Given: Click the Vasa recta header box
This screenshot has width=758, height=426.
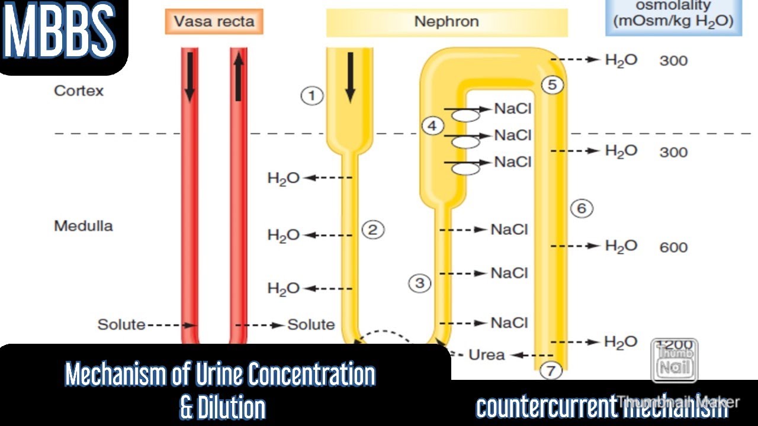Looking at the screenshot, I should point(214,22).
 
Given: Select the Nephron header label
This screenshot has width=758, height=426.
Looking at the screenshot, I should point(447,22).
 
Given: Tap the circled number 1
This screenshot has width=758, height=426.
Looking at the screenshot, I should point(311,96).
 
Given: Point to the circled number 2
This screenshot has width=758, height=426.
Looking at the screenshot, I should point(372,230).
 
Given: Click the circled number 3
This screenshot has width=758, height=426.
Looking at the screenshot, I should point(419,283).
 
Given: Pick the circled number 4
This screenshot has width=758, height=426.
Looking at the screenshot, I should point(433,126).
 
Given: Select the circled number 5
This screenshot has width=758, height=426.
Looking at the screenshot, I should point(552,85).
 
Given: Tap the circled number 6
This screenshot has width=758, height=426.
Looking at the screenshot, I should point(582,208).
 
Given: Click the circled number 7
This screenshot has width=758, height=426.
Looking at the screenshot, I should point(551,371).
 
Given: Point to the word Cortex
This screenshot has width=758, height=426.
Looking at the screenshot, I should point(79,91).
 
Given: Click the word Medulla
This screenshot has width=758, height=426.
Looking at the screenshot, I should point(83,226).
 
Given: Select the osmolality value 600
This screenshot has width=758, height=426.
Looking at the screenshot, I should point(673,247).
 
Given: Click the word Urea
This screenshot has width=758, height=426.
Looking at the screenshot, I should point(487,355).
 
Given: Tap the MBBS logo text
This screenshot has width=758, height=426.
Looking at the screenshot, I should point(59,33).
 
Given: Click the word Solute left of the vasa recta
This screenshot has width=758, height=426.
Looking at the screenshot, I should point(121,325).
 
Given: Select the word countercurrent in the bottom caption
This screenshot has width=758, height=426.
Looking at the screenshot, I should point(545,406).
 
